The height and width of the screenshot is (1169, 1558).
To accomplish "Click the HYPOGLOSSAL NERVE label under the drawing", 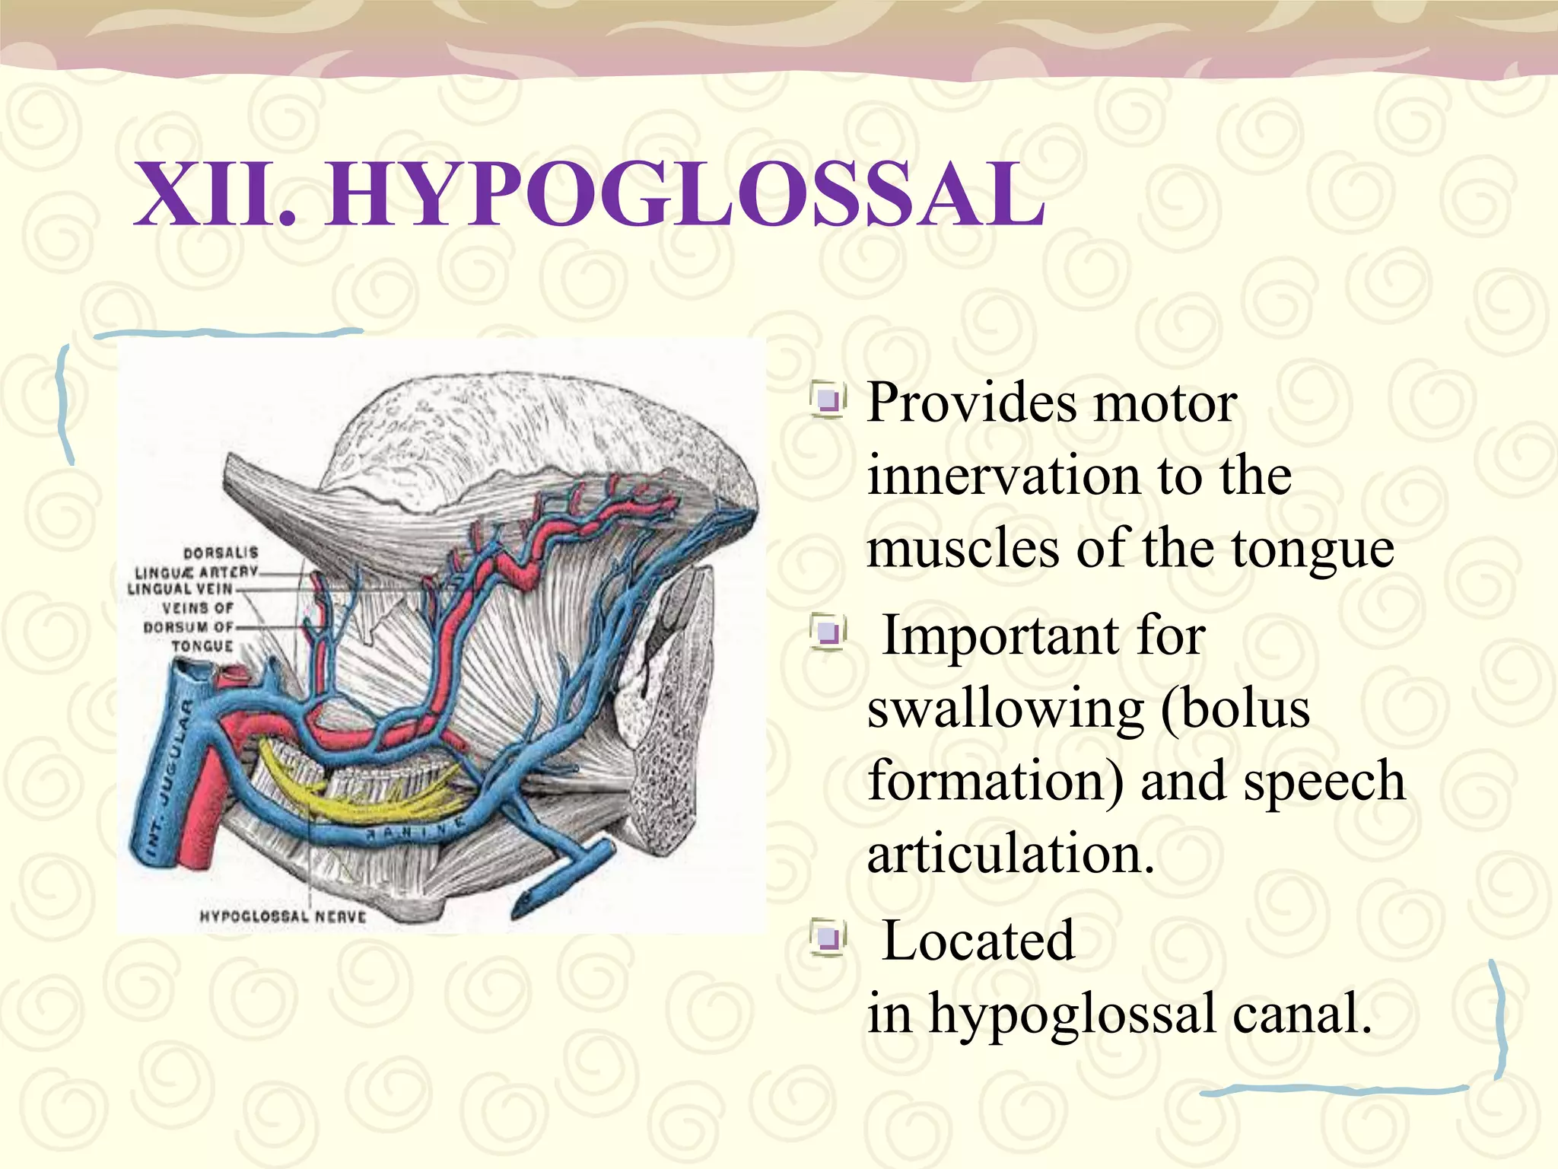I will [x=282, y=916].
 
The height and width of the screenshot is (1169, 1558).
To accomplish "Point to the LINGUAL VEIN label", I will [x=180, y=589].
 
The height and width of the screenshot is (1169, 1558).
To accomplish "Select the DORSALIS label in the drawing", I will [x=221, y=553].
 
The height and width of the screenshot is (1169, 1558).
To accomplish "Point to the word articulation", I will [x=1010, y=854].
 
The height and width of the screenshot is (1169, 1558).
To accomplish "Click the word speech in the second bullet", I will [x=1324, y=782].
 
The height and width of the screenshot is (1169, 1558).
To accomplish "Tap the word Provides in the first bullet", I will [x=972, y=403].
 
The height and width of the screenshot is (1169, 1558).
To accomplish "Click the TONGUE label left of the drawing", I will [x=202, y=646].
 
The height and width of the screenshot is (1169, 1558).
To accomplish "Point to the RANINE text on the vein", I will [x=415, y=831].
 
